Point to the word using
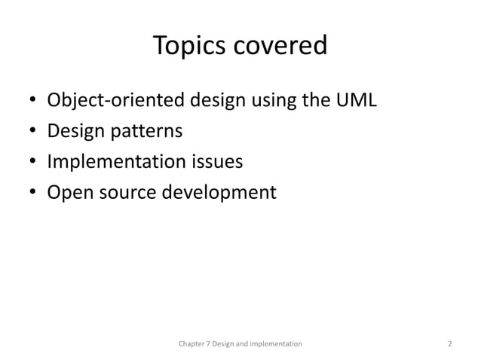[x=267, y=100]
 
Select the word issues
[x=221, y=163]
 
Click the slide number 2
[x=449, y=343]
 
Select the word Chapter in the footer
[x=191, y=343]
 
